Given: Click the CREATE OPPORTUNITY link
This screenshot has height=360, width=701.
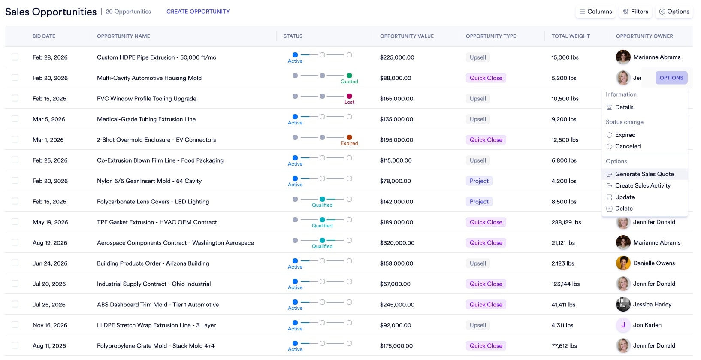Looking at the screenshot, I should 198,12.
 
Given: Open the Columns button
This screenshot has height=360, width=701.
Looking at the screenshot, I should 595,12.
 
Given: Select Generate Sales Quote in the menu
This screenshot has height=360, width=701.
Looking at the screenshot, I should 644,174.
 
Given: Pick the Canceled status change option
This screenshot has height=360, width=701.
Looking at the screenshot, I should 627,146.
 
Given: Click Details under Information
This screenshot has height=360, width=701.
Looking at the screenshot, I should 624,107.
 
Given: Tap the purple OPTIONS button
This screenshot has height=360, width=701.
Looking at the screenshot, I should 671,78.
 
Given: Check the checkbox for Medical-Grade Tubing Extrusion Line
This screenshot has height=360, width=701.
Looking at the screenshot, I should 15,119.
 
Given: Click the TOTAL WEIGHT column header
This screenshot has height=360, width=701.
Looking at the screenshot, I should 570,36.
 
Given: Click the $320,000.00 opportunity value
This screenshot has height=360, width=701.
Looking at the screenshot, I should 397,243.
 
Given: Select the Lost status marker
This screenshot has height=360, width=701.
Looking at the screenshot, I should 349,96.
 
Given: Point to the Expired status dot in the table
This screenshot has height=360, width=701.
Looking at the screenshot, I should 349,137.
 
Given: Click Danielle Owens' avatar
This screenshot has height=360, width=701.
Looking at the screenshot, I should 623,263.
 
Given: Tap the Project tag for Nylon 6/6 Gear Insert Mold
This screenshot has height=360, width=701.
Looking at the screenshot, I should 479,181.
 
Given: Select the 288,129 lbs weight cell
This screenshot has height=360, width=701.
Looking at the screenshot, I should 566,222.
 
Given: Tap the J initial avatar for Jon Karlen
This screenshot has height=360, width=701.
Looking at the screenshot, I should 623,325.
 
